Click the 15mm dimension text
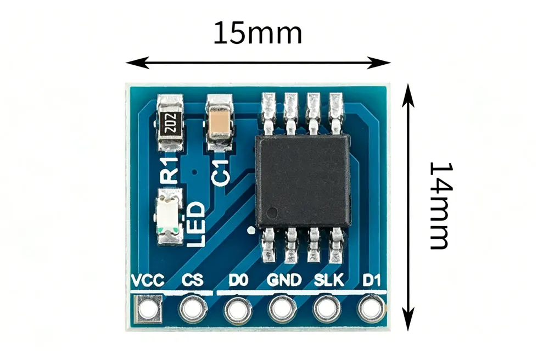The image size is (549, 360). (x=257, y=33)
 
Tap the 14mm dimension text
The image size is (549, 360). (x=441, y=206)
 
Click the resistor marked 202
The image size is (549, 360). (x=170, y=123)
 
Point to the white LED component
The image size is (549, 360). (x=170, y=217)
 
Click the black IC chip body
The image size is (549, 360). (x=303, y=181)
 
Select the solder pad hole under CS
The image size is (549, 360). (x=193, y=309)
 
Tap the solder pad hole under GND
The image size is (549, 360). (x=282, y=309)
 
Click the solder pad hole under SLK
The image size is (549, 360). (x=327, y=309)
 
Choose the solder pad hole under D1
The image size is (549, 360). (x=371, y=308)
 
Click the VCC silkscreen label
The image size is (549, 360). (x=147, y=280)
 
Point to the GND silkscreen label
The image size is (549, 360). (x=284, y=280)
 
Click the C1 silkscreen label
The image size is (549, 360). (x=221, y=173)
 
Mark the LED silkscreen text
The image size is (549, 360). (x=195, y=224)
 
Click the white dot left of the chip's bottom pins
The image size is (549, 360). (x=251, y=230)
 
